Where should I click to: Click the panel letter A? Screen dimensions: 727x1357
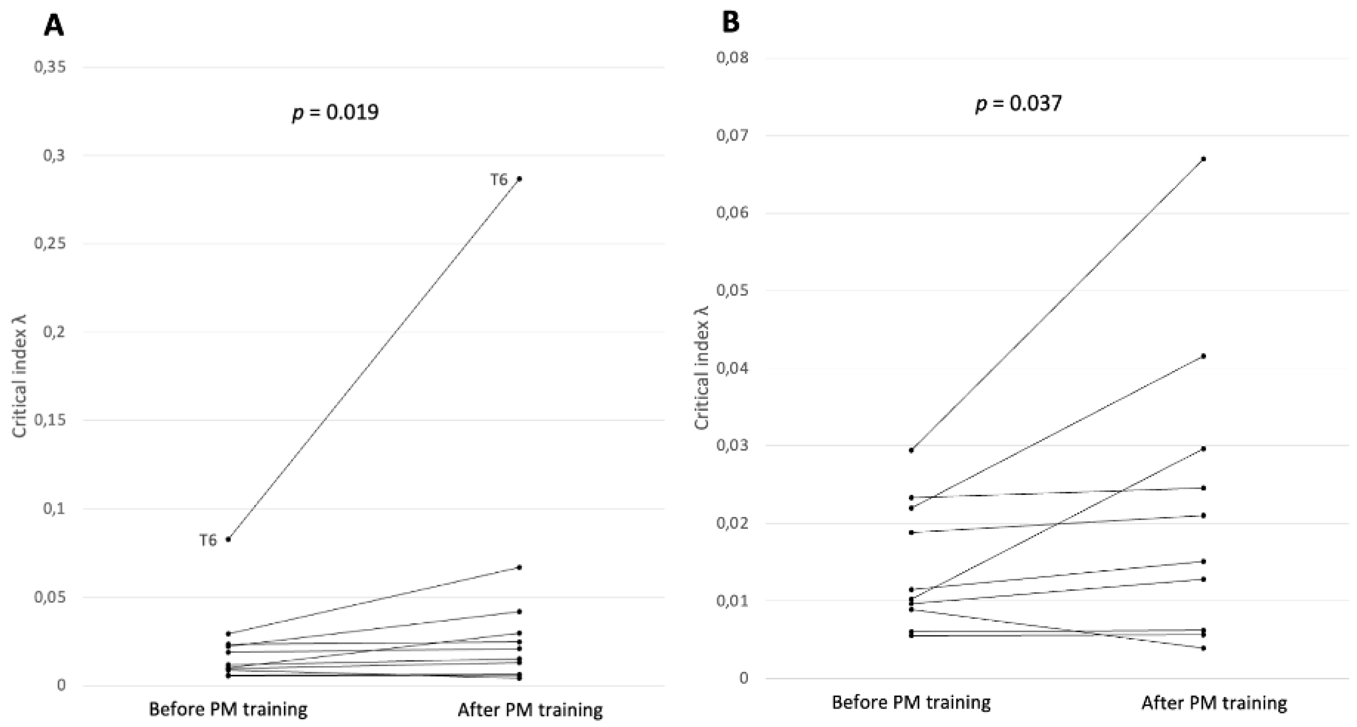54,25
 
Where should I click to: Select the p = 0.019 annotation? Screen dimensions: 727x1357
336,112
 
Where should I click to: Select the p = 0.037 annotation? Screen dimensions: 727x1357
1018,103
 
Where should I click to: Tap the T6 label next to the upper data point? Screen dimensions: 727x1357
498,180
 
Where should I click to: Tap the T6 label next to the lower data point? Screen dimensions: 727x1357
208,540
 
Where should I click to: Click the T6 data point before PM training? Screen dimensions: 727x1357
228,539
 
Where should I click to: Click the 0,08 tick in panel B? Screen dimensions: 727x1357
732,56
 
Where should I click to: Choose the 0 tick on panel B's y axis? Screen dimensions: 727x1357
743,678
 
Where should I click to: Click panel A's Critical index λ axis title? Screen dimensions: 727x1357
19,376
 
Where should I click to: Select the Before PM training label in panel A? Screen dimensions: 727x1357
228,709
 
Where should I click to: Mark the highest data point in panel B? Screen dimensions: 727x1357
1203,159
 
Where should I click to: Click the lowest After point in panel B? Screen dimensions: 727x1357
1203,648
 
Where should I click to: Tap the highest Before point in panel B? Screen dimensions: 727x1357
911,450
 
